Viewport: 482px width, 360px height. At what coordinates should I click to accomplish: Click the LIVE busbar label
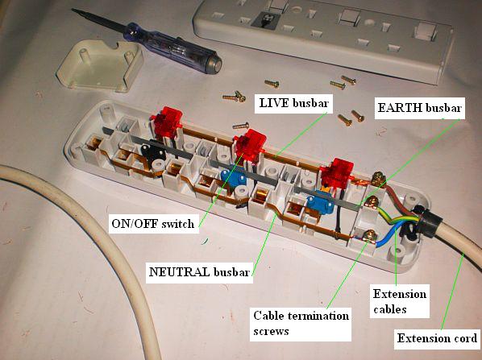(x=294, y=104)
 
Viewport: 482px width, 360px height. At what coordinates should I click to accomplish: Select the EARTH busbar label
(x=420, y=108)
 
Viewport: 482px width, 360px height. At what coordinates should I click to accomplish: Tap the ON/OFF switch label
(x=153, y=223)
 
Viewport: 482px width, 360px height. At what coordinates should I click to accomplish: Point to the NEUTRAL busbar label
(x=199, y=272)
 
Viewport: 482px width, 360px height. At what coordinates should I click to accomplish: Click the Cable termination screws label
(x=301, y=324)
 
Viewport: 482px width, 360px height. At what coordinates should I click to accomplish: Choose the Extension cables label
(x=399, y=301)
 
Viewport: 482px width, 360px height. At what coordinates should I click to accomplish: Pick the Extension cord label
(x=437, y=338)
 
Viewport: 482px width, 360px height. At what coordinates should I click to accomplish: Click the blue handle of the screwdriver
(x=172, y=48)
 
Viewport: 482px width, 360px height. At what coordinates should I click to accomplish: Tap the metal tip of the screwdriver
(x=98, y=20)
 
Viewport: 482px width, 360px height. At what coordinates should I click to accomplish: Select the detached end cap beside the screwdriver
(x=100, y=66)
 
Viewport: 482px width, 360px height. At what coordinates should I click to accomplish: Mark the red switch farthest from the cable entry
(x=167, y=122)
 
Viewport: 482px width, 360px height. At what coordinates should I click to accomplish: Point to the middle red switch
(x=250, y=145)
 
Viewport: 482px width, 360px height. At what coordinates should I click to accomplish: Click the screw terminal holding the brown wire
(x=378, y=179)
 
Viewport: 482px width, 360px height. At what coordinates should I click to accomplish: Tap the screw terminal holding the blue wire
(x=369, y=237)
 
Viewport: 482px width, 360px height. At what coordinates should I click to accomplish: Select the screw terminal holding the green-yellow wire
(x=372, y=203)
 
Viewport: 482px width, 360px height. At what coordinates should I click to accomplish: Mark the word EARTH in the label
(x=400, y=108)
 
